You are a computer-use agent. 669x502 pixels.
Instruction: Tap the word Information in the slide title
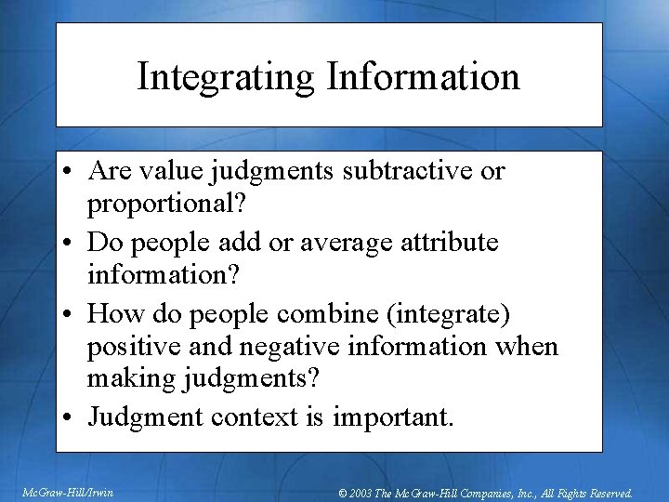click(424, 77)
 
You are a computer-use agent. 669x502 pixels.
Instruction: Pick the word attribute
click(450, 244)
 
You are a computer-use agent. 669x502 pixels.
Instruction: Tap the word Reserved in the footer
click(607, 493)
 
